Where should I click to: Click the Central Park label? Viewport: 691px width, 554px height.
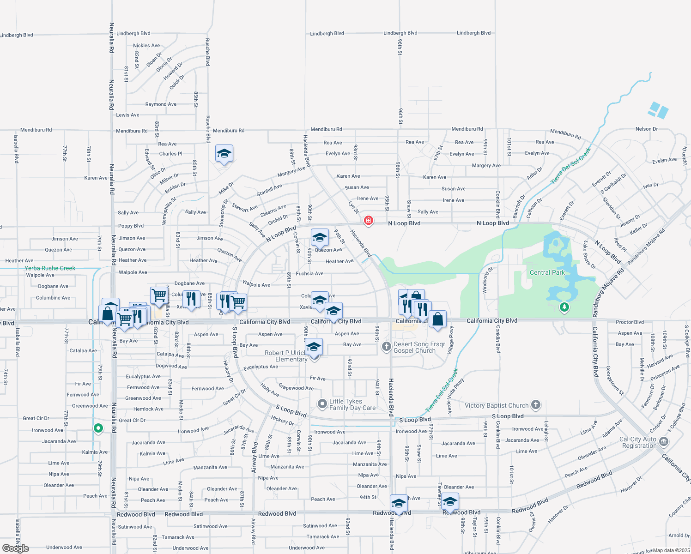coord(547,272)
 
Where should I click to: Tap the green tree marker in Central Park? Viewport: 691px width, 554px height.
coord(564,307)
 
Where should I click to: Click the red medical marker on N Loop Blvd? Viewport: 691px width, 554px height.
coord(368,220)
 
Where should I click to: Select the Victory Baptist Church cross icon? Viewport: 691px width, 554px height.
coord(536,405)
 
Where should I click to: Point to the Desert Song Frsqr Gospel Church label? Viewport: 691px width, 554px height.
coord(418,347)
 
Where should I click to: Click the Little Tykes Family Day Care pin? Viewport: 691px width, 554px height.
coord(322,404)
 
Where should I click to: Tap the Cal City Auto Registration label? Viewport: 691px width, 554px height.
coord(639,442)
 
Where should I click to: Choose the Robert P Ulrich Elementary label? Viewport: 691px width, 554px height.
coord(285,356)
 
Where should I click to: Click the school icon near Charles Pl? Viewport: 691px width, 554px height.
coord(224,153)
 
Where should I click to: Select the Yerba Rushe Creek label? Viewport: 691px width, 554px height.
coord(50,268)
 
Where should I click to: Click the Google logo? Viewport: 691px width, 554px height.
coord(16,548)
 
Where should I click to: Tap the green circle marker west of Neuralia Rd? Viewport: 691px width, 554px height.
coord(98,428)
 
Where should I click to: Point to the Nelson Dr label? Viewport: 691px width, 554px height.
coord(646,129)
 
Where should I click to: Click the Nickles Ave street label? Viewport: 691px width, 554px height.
coord(146,46)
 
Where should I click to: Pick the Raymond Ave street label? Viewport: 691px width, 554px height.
coord(161,104)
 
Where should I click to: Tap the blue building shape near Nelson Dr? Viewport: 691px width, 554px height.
coord(658,110)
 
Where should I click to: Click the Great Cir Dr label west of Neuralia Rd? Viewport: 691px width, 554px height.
coord(36,418)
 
